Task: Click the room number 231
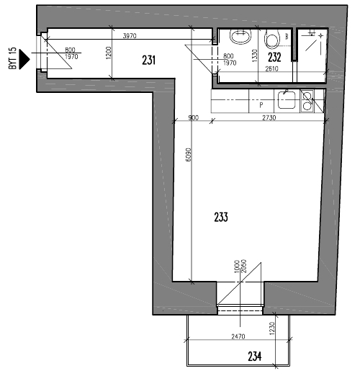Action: click(x=148, y=60)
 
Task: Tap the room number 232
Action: click(x=274, y=57)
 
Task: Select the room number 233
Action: click(x=221, y=217)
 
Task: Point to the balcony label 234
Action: click(x=255, y=357)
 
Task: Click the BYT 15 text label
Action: click(x=13, y=58)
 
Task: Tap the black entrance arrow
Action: click(x=24, y=59)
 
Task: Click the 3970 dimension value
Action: click(x=130, y=36)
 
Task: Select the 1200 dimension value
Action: click(x=109, y=53)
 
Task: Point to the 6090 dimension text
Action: click(x=189, y=155)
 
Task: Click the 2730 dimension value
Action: click(x=269, y=117)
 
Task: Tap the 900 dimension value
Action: click(x=194, y=118)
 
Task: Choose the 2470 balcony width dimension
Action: click(x=238, y=336)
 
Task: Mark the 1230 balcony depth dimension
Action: click(x=271, y=328)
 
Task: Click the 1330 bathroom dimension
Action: click(x=255, y=55)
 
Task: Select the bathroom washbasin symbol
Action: click(x=240, y=37)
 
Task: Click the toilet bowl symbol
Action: click(x=272, y=39)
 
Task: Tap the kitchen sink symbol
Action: click(x=287, y=99)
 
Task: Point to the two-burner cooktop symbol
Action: click(x=307, y=101)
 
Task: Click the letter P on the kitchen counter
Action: click(x=261, y=104)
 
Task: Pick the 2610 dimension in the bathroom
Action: click(x=271, y=68)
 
